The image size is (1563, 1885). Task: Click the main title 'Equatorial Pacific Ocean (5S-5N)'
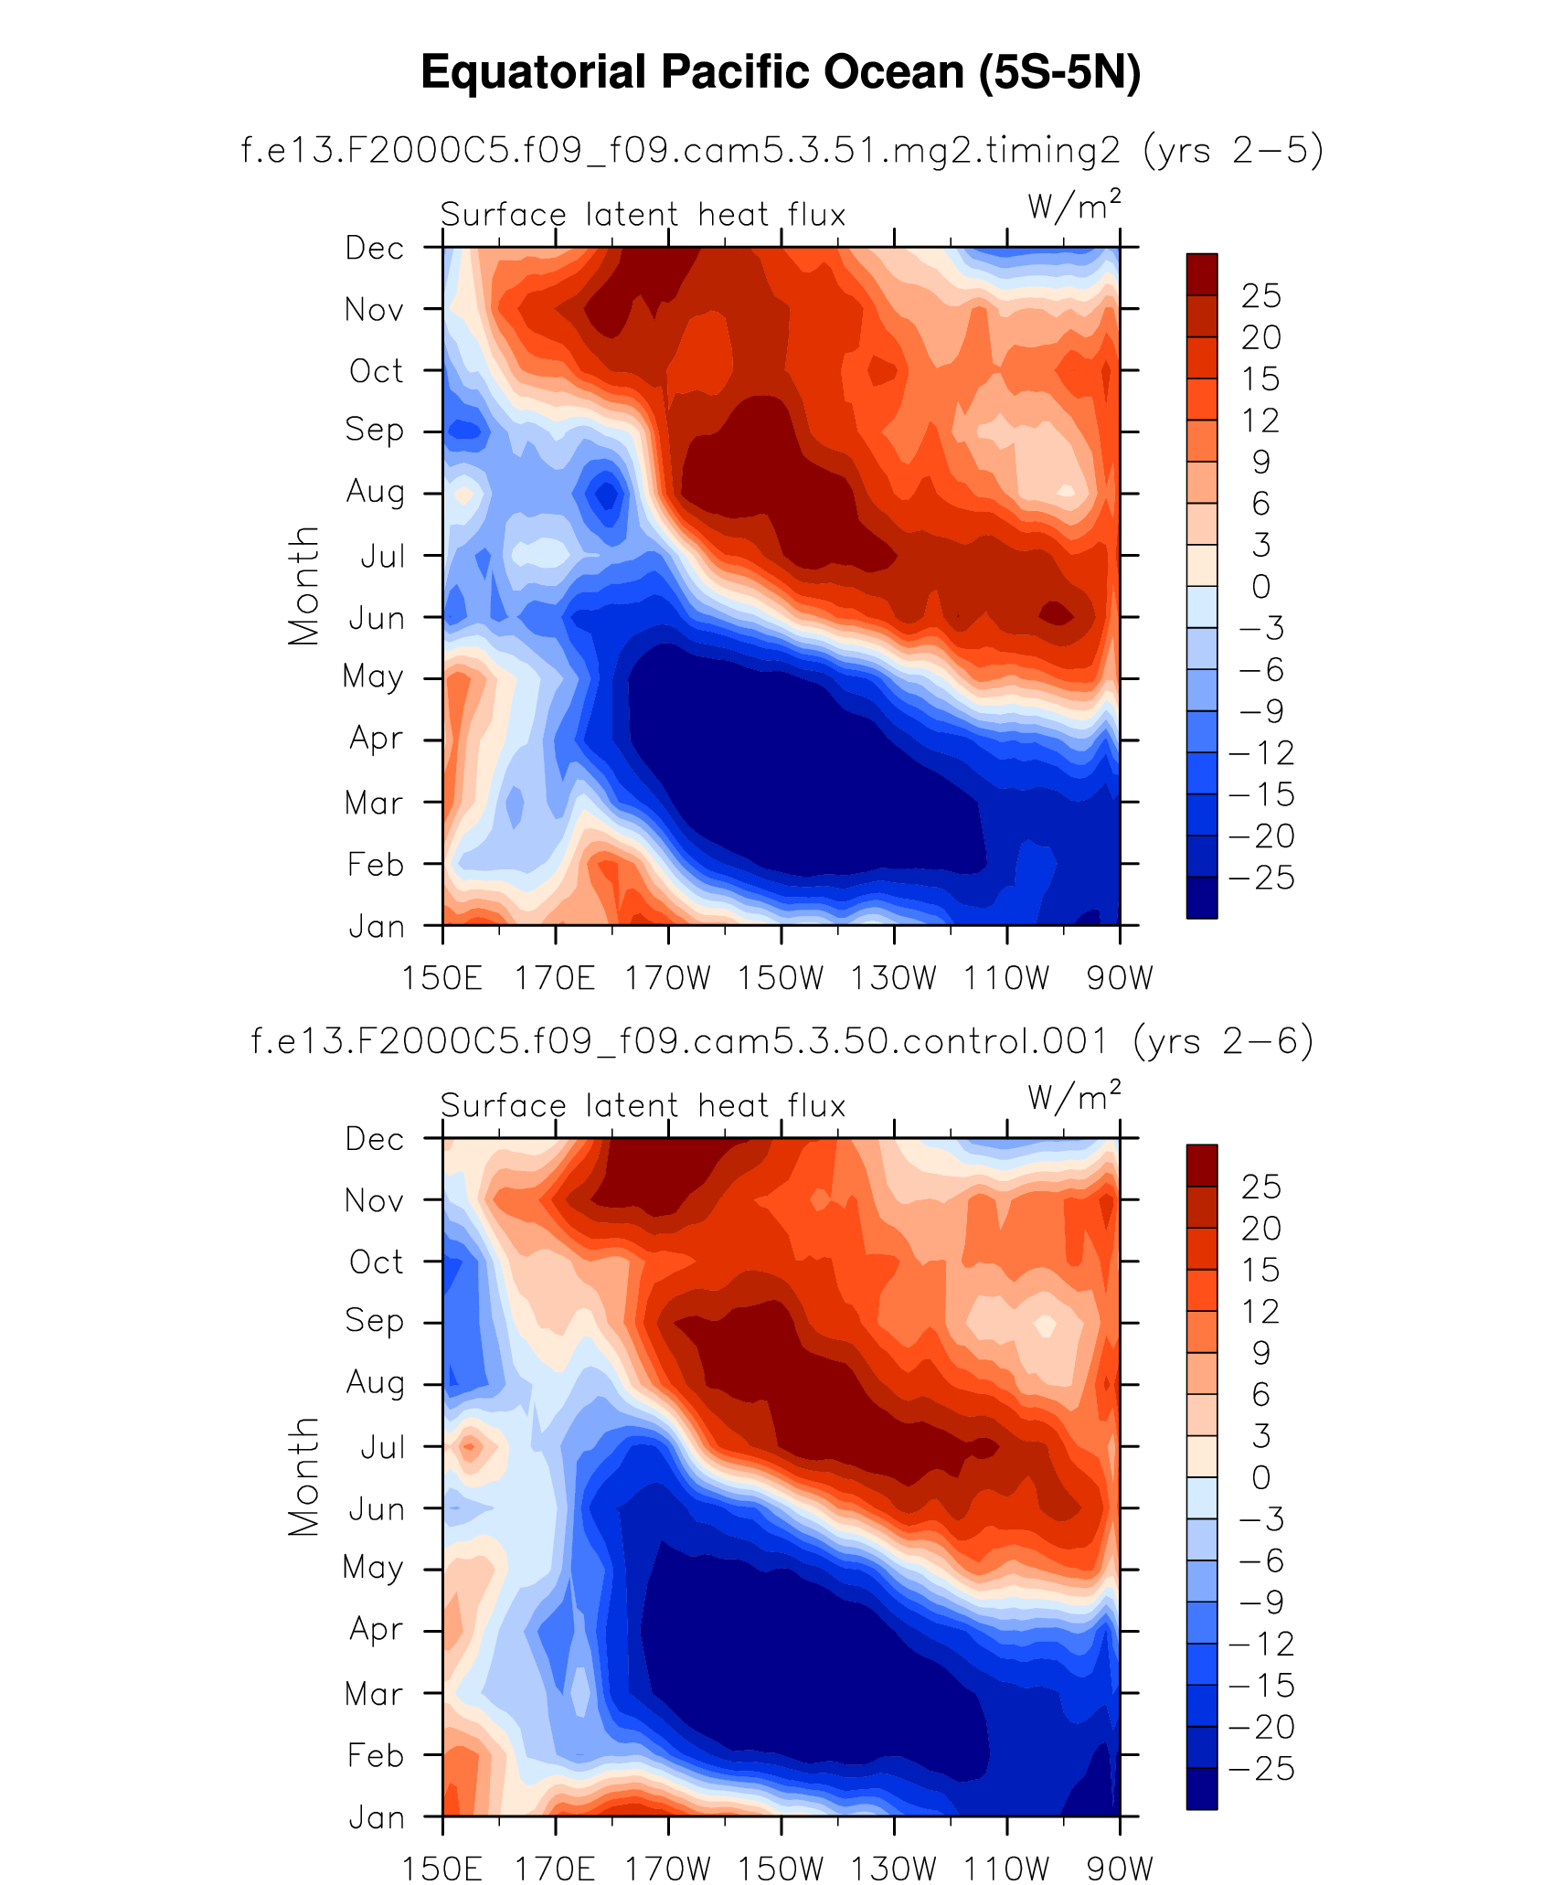coord(781,72)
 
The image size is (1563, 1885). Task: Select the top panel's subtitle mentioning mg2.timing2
coord(781,150)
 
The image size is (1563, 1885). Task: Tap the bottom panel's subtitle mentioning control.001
coord(781,1041)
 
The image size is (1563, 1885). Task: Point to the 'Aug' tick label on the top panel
coord(375,493)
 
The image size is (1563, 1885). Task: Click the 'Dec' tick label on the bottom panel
coord(375,1139)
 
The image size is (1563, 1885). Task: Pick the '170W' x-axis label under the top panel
coord(667,978)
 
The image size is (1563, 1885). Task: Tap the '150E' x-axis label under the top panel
coord(442,978)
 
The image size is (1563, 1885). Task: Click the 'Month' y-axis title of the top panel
coord(303,585)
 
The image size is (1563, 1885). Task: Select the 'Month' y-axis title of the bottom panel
coord(303,1476)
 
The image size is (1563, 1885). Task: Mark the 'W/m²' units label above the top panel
coord(1074,207)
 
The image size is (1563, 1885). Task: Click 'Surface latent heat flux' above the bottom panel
coord(643,1106)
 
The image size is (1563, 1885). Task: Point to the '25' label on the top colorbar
coord(1260,296)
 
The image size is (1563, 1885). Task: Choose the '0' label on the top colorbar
coord(1260,587)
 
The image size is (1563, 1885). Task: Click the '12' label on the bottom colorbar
coord(1260,1312)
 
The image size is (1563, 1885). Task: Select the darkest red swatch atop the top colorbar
coord(1201,274)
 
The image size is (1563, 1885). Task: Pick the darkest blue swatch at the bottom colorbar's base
coord(1201,1788)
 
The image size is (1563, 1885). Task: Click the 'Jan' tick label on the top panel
coord(377,927)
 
